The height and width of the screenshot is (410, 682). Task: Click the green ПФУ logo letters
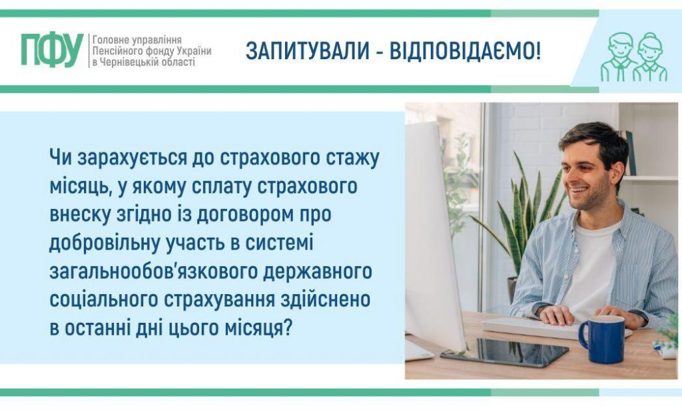point(52,51)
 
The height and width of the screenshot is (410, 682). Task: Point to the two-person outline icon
point(633,57)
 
